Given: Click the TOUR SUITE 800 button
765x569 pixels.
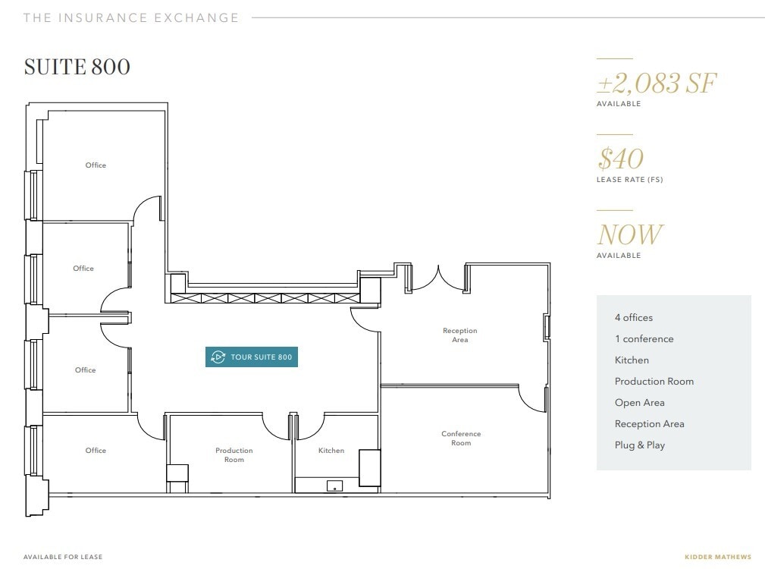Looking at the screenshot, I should (252, 357).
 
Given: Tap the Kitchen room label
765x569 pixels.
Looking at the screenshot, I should (331, 451).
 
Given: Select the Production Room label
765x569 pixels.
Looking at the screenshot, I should (234, 455).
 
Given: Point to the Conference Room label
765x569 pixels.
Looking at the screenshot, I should (461, 439).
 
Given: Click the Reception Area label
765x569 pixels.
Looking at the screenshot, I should (460, 335).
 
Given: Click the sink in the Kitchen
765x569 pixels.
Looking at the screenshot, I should (334, 486).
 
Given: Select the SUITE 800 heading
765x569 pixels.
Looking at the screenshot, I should (77, 67).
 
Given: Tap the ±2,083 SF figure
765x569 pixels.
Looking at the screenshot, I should (657, 83).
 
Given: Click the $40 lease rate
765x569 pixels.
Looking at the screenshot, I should (620, 159).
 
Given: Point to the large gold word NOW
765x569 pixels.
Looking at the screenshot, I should (629, 234).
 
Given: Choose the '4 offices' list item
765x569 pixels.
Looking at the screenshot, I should (634, 318).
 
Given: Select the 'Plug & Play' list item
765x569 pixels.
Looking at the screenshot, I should (640, 445).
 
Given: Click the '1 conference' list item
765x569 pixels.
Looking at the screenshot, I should (644, 339).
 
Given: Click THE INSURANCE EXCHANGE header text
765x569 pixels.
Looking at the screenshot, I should (131, 17).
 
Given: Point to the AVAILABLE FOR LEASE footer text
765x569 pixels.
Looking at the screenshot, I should (63, 557).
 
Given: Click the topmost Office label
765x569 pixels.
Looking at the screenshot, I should (96, 165).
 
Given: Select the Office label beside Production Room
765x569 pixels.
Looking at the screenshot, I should (96, 451).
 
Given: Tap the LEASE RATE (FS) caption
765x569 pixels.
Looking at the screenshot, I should (629, 180).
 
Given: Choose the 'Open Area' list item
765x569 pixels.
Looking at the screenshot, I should (639, 403).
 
